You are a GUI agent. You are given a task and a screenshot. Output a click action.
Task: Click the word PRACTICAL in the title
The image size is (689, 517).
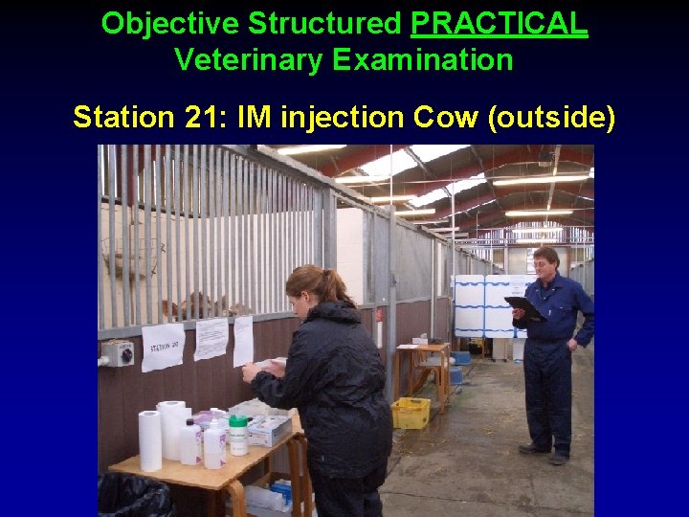click(x=499, y=23)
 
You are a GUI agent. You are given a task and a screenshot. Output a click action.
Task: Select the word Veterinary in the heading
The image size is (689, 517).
click(x=249, y=60)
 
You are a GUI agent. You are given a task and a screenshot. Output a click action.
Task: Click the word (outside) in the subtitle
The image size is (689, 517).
click(x=552, y=118)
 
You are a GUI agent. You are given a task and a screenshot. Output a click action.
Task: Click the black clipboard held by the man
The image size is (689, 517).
click(x=524, y=308)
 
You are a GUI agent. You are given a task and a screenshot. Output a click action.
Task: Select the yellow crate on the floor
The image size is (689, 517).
click(x=411, y=413)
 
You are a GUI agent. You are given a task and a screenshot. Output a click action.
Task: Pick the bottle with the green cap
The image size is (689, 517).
click(x=237, y=435)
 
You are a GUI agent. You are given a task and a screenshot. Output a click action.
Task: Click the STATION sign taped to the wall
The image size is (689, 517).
click(x=163, y=346)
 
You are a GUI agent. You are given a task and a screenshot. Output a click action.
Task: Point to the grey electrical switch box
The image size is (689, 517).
click(x=118, y=354)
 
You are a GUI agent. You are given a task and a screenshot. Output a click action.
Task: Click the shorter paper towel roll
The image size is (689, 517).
click(x=150, y=439)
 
